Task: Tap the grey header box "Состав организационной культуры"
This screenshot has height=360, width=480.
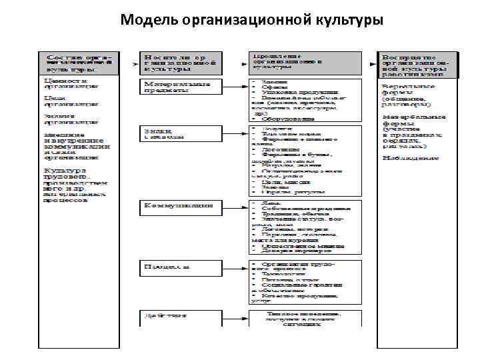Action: pyautogui.click(x=77, y=62)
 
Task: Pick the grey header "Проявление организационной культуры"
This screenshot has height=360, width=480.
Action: pyautogui.click(x=303, y=62)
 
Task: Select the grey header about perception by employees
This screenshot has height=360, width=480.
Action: pyautogui.click(x=417, y=62)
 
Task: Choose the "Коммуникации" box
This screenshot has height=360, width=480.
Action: pyautogui.click(x=179, y=207)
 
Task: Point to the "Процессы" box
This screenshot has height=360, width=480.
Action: pyautogui.click(x=179, y=266)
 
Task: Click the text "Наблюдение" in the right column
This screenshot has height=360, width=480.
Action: pyautogui.click(x=411, y=158)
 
